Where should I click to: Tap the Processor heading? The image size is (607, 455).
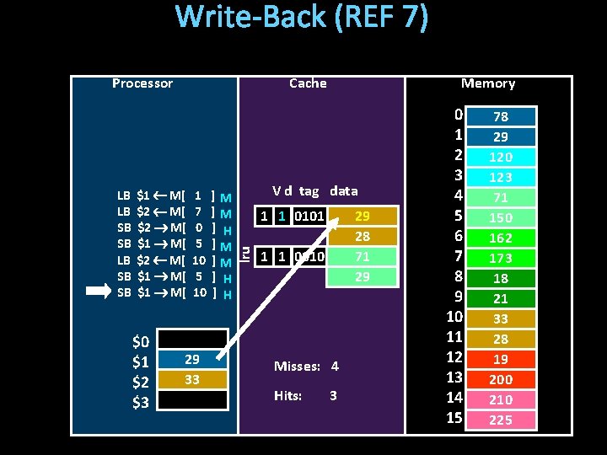(x=142, y=83)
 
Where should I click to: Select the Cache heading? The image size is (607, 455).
(x=308, y=83)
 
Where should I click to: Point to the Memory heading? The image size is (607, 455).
(x=487, y=83)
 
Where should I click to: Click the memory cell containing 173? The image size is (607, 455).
(x=501, y=258)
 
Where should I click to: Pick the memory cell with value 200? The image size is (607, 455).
(x=501, y=379)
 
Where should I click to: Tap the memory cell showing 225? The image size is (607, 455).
(x=501, y=420)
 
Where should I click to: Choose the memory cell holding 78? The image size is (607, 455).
(x=501, y=116)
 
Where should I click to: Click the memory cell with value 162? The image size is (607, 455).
(x=501, y=238)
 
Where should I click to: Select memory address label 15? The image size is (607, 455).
(x=454, y=418)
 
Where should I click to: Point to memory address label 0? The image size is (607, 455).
(x=458, y=115)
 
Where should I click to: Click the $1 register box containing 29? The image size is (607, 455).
(x=192, y=360)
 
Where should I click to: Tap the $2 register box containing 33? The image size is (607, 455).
(x=192, y=380)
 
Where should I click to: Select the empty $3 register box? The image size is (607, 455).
(x=192, y=400)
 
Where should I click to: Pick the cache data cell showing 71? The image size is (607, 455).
(x=362, y=256)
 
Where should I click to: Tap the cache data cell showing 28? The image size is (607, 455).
(x=362, y=237)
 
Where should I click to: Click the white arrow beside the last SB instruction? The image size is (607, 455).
(x=99, y=292)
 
